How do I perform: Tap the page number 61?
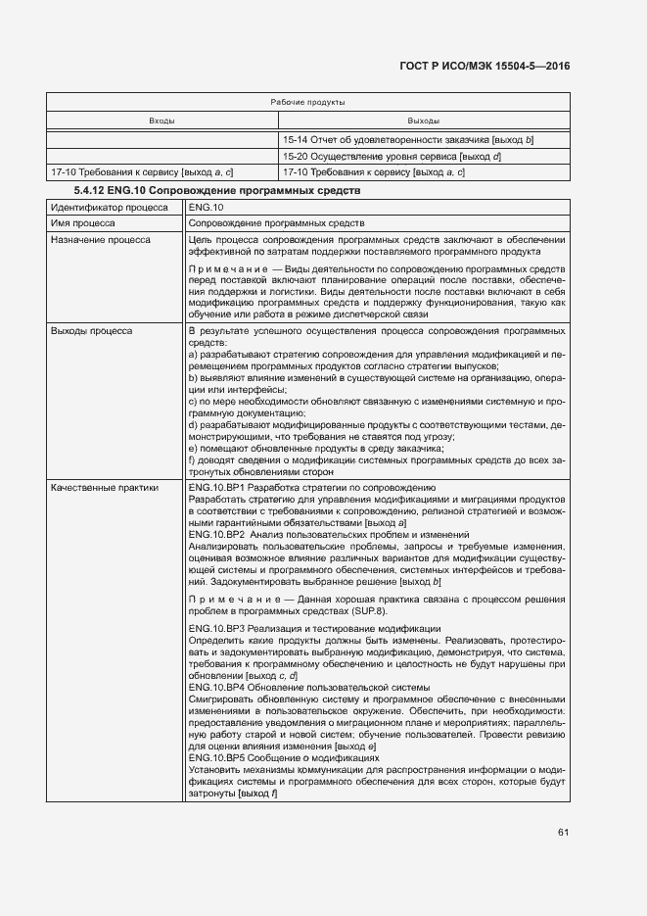[563, 833]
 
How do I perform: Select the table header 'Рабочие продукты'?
[307, 102]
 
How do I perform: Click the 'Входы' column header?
[162, 121]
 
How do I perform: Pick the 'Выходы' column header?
[423, 121]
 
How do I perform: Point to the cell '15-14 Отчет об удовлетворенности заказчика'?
[407, 140]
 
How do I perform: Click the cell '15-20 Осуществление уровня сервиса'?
[392, 157]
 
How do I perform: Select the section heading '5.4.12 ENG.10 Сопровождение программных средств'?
[217, 189]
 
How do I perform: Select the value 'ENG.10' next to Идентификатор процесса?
[206, 208]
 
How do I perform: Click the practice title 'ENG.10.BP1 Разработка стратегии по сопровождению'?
[311, 487]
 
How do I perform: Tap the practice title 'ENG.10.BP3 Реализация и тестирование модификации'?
[314, 628]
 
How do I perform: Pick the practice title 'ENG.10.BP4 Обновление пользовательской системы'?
[308, 687]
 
